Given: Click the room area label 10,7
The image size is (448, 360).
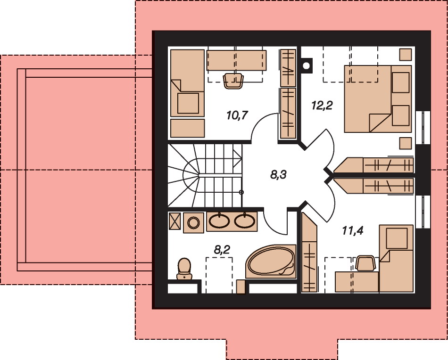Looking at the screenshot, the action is click(237, 115).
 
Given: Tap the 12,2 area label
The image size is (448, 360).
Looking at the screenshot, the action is click(322, 106).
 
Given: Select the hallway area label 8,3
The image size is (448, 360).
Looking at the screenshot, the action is click(279, 174).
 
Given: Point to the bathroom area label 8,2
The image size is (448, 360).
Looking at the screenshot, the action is click(222, 250).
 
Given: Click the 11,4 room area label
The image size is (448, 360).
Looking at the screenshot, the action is click(353, 230).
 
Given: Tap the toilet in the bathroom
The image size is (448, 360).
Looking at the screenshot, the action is click(184, 269).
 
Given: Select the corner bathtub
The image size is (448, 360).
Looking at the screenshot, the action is click(271, 261).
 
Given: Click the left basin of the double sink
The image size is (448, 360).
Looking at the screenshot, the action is click(219, 221).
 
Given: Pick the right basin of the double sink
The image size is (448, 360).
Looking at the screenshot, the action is click(245, 221).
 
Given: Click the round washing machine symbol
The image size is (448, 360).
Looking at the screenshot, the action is click(193, 222).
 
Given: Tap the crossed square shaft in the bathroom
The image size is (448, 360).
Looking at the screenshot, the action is click(174, 221).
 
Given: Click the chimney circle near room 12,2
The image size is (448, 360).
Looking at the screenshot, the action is click(306, 66).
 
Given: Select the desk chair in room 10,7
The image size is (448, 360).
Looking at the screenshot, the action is click(233, 81).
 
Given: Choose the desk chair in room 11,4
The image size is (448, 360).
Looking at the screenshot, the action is click(365, 263).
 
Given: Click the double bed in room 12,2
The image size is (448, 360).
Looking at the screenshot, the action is click(378, 99).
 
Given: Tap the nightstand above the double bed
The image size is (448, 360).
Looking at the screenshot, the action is click(406, 55).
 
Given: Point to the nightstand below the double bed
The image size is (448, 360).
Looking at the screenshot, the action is click(406, 143).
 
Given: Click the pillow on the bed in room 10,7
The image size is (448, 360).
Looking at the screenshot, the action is click(188, 103).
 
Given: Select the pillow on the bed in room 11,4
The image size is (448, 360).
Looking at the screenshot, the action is click(397, 238).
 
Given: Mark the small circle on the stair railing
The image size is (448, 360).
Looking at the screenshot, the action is click(241, 192).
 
